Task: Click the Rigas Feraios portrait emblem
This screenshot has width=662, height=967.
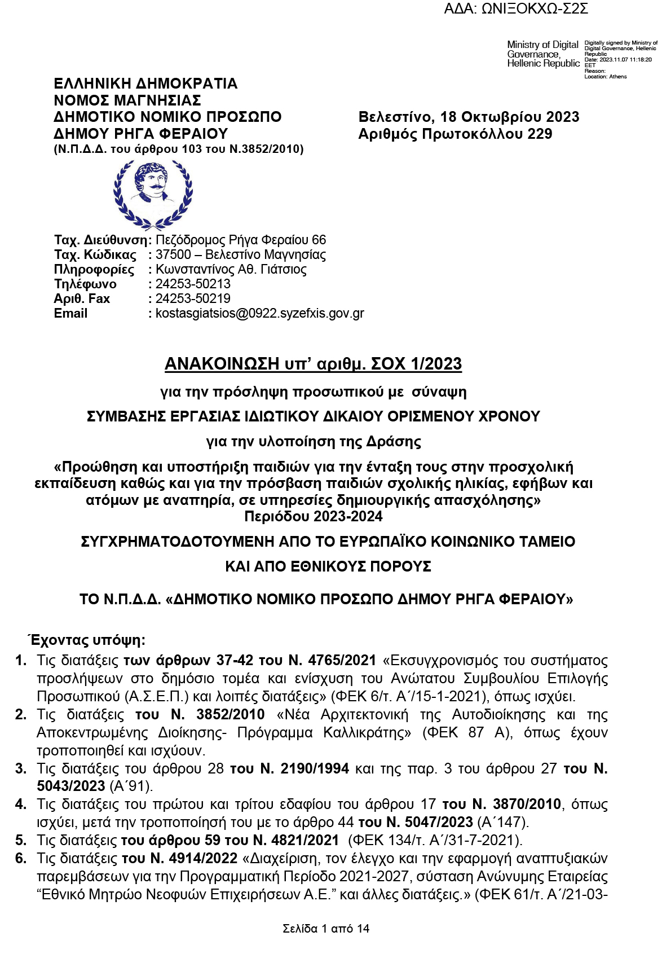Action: point(152,192)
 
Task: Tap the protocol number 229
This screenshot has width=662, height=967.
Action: point(540,134)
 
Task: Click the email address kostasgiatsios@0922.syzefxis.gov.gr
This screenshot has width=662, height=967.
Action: point(259,313)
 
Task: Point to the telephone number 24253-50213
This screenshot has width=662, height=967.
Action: point(193,284)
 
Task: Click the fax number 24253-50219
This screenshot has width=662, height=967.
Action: point(193,298)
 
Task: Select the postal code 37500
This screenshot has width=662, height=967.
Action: point(173,254)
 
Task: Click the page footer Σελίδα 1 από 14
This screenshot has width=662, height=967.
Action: point(326,929)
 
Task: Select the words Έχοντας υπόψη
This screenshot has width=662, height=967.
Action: point(87,640)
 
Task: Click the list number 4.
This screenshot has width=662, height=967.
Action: point(21,804)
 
